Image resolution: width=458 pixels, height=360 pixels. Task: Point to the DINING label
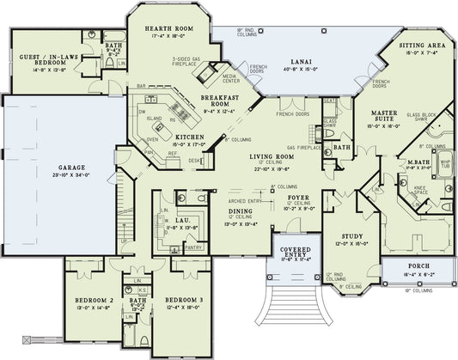[240, 210]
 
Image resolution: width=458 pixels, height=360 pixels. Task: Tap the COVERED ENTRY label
[294, 253]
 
